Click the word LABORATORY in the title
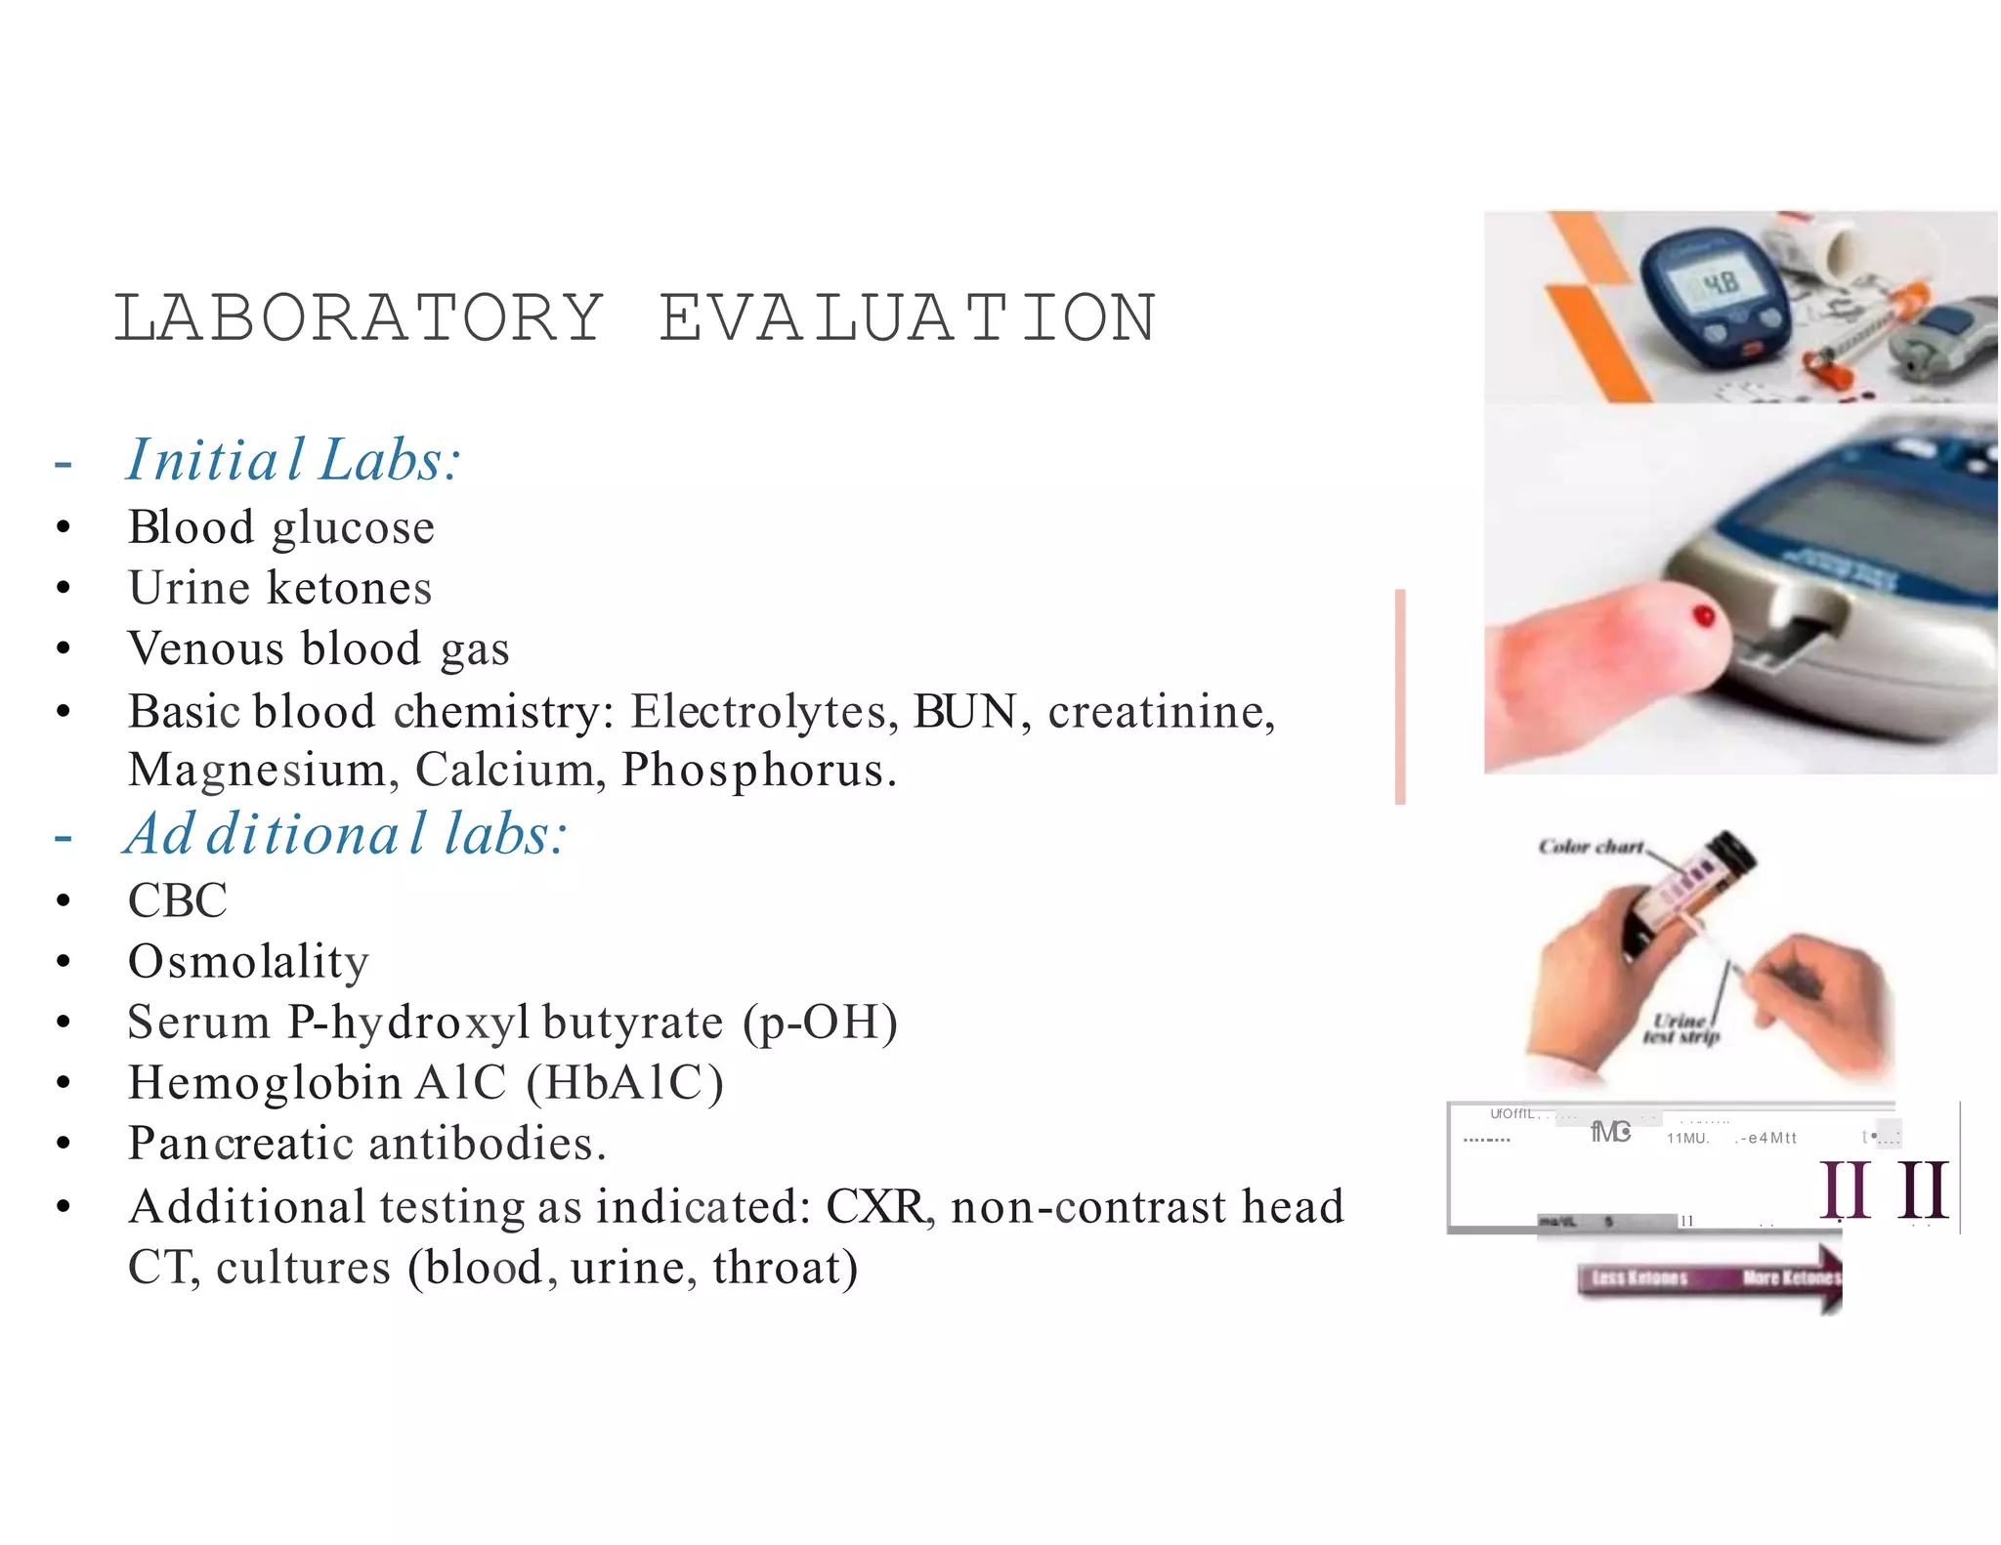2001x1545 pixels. (359, 318)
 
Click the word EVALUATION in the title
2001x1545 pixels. (908, 318)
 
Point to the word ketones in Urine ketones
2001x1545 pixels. (349, 589)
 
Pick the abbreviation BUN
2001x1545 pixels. (965, 711)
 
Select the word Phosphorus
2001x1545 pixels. (758, 770)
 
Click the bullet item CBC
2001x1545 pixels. (177, 900)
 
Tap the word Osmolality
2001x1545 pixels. (248, 962)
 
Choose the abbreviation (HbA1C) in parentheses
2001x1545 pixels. (625, 1083)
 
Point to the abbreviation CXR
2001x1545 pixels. (877, 1207)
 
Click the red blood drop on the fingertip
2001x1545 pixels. (1704, 616)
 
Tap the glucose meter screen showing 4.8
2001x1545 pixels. (1720, 284)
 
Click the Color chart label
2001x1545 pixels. (1591, 847)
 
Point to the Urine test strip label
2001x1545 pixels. (1681, 1028)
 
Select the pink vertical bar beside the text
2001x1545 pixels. (1400, 696)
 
